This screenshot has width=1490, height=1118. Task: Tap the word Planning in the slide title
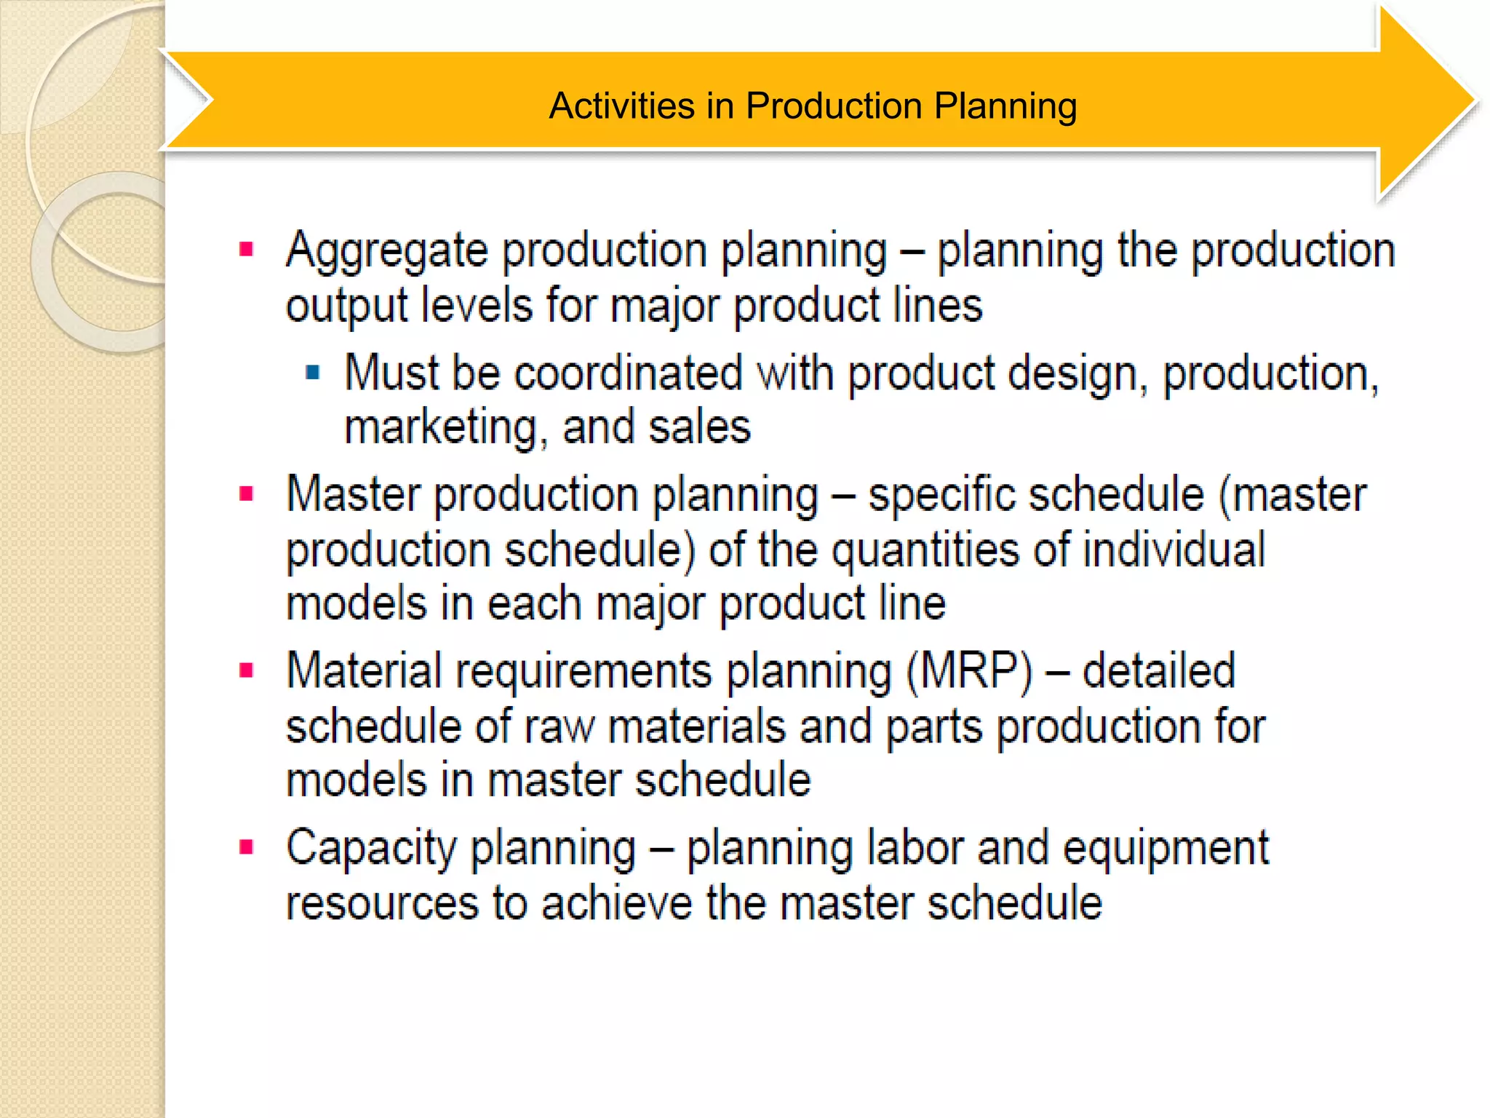pos(1005,107)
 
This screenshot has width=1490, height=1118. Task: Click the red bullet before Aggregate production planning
pos(247,250)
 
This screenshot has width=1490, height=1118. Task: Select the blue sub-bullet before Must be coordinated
pos(313,373)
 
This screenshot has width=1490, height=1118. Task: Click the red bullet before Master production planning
pos(247,495)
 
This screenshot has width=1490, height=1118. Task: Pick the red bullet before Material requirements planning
pos(247,670)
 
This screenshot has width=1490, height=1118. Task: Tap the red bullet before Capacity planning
pos(247,847)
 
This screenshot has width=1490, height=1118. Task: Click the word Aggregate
pos(386,252)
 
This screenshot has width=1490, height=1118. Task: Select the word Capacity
pos(370,849)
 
